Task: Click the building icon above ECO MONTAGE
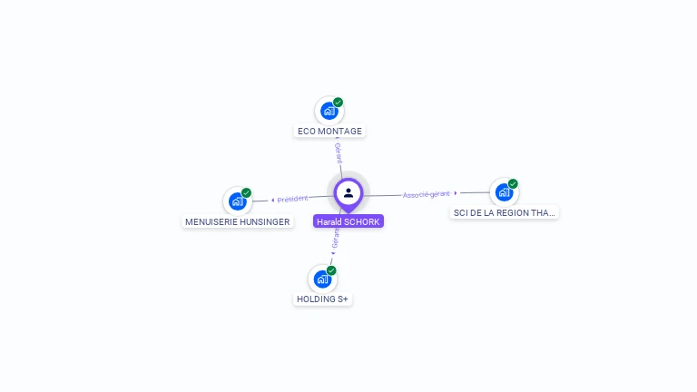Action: point(329,111)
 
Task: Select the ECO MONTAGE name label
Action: point(329,132)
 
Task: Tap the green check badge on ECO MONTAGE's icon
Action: point(339,103)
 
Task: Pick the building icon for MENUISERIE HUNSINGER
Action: point(237,201)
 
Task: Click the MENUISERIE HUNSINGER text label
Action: point(238,221)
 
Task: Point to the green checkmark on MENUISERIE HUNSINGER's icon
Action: point(246,193)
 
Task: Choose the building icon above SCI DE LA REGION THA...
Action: point(504,191)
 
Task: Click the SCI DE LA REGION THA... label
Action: point(505,212)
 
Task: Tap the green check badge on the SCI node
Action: point(513,184)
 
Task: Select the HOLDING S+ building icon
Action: point(322,279)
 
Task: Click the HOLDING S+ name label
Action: point(322,299)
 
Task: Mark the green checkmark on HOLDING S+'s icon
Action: point(331,270)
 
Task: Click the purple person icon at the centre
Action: point(348,192)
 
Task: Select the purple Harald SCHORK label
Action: point(348,221)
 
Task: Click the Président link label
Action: point(293,199)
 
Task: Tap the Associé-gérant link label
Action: point(427,194)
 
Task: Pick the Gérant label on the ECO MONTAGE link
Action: point(339,152)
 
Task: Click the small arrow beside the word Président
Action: point(273,200)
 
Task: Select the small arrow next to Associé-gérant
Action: point(456,192)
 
